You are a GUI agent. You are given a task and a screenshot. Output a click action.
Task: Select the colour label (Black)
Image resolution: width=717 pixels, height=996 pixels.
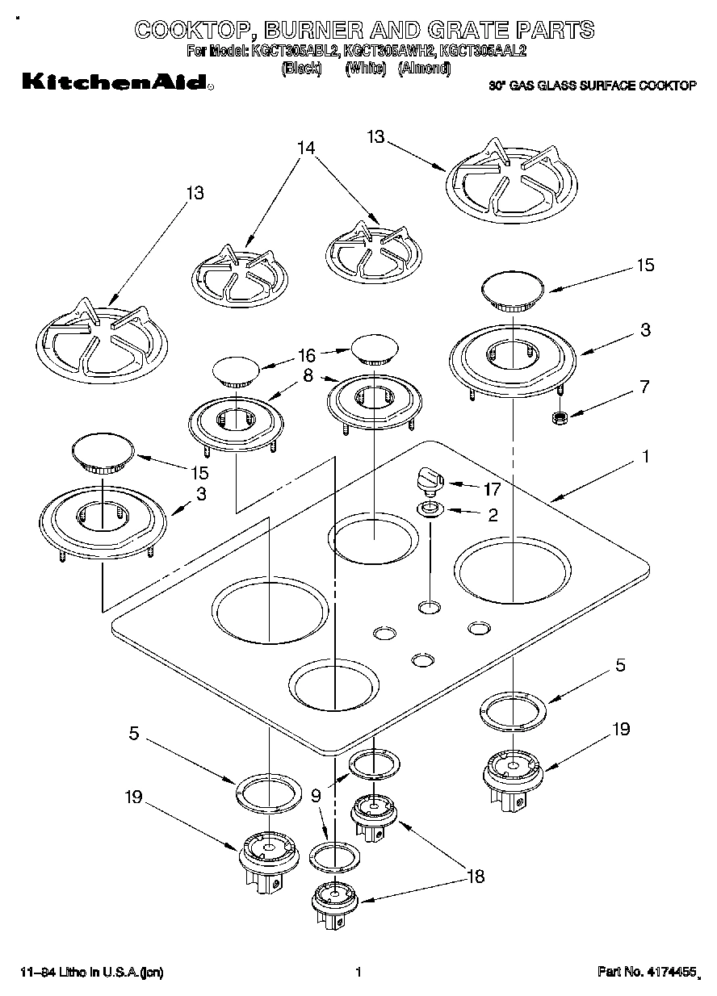pos(300,69)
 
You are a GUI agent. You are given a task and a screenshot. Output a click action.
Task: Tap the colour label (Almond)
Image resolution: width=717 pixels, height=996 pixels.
pos(424,69)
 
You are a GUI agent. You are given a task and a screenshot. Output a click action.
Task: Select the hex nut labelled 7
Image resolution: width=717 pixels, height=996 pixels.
pos(556,418)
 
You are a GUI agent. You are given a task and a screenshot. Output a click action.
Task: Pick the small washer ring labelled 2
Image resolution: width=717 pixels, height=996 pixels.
pos(430,509)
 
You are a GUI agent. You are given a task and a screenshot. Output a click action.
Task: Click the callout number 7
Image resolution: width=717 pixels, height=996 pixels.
pos(643,387)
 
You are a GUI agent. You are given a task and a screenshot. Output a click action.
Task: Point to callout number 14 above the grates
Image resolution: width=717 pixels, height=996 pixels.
pos(305,148)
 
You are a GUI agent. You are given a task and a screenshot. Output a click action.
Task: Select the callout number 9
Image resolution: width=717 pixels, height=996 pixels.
pos(316,795)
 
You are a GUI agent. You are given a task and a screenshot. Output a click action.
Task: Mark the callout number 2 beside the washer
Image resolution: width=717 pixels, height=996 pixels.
pos(493,514)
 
